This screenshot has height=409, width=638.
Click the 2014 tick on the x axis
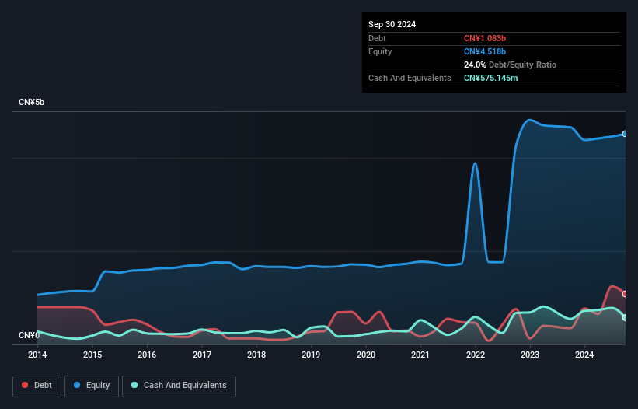coord(37,355)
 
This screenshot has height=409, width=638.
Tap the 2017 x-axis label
coord(202,355)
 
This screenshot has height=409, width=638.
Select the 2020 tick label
coord(366,355)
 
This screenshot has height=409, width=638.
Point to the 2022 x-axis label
coord(476,355)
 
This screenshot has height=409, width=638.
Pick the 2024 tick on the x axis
coord(585,355)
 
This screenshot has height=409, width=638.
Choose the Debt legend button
coord(37,386)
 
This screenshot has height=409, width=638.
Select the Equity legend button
coord(92,386)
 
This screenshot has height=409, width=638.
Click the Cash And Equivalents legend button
coord(179,386)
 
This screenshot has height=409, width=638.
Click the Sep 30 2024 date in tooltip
coord(392,24)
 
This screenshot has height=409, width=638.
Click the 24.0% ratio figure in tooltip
coord(475,65)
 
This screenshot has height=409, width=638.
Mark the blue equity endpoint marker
coord(625,134)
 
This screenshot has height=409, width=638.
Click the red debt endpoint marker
coord(625,294)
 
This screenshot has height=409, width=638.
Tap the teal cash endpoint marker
coord(625,317)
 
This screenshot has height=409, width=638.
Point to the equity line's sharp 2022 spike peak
coord(476,163)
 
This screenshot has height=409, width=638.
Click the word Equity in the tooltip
coord(380,51)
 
